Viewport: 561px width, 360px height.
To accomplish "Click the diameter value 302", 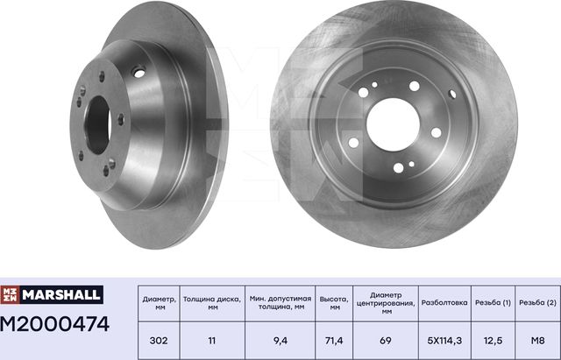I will pos(159,339).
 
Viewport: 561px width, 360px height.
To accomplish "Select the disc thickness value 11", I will pos(209,339).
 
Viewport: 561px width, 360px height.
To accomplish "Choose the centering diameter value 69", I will pos(386,339).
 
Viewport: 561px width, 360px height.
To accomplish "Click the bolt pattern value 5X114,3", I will pos(445,339).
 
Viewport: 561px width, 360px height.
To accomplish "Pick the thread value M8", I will pos(537,339).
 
